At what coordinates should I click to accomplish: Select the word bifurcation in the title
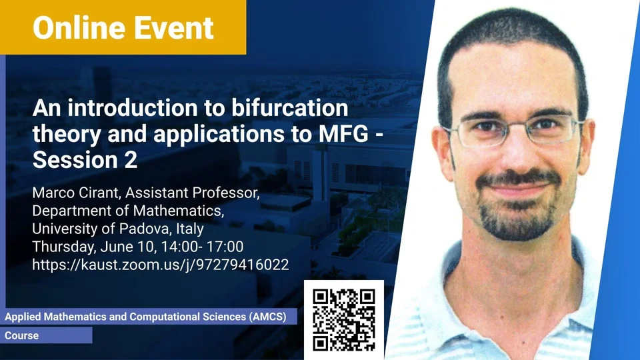pos(290,108)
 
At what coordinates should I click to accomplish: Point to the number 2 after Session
pos(131,159)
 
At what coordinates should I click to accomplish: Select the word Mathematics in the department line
pos(179,211)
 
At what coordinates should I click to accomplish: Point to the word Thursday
pos(64,247)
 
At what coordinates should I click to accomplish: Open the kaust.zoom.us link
pos(161,265)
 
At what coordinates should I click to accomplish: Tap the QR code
pos(344,319)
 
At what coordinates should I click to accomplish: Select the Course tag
pos(21,335)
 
